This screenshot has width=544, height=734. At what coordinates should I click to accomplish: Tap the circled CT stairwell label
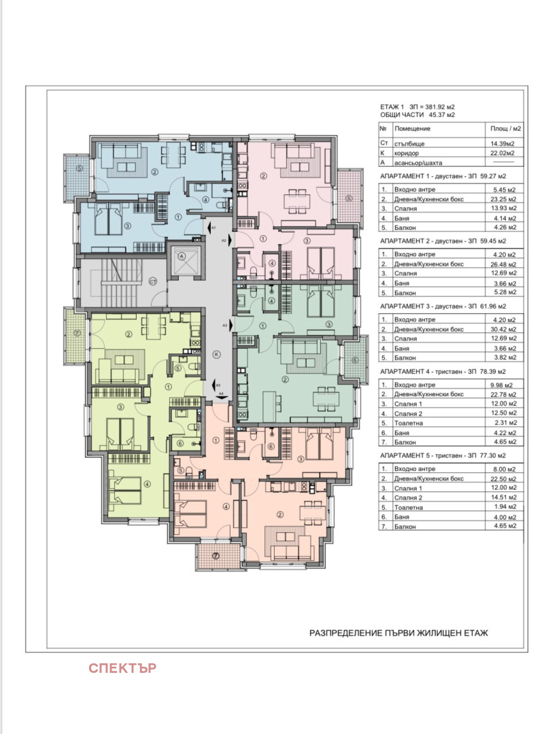153,282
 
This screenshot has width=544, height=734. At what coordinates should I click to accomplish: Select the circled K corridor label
216,354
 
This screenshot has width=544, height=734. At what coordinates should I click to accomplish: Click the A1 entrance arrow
207,228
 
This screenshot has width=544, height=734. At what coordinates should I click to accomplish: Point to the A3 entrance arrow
228,325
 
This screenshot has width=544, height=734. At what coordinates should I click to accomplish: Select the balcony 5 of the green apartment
354,360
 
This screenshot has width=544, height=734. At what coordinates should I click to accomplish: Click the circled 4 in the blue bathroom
205,199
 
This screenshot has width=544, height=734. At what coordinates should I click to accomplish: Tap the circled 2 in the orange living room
280,515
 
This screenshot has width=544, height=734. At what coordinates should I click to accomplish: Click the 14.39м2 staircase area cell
503,143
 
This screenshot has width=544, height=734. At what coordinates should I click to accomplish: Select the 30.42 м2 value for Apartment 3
504,329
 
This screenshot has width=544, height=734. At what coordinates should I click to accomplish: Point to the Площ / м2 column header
505,128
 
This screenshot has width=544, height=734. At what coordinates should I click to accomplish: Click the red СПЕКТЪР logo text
122,668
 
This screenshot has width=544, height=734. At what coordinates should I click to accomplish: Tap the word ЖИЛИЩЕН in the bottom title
438,633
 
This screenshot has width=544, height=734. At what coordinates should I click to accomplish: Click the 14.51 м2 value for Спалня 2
504,497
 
